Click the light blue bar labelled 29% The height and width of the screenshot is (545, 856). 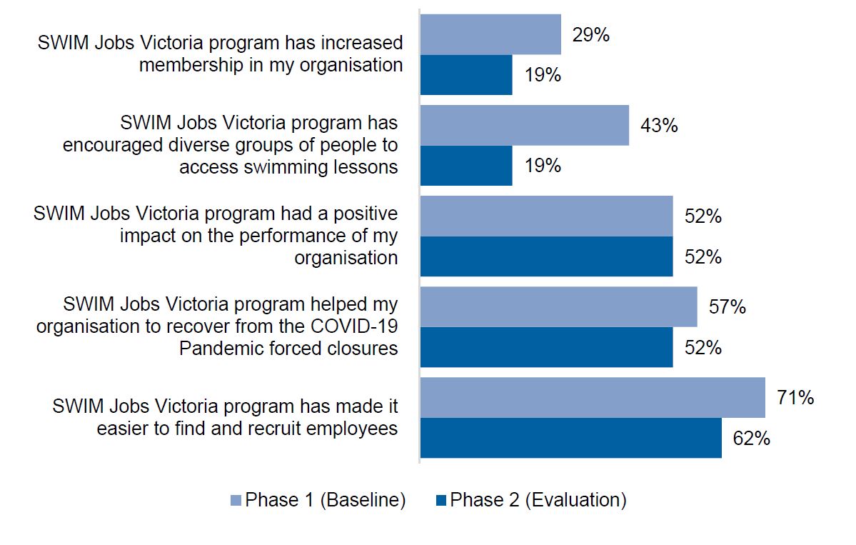pos(490,34)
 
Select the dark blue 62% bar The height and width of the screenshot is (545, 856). pos(570,438)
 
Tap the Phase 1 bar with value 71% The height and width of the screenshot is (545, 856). pos(593,398)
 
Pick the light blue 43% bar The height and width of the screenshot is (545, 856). pos(524,126)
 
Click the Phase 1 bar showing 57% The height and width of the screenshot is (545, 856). pos(558,307)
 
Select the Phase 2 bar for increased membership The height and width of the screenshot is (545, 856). pos(466,75)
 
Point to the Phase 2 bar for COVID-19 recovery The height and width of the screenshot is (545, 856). pos(546,347)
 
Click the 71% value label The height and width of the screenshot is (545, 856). pos(795,397)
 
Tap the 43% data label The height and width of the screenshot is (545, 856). pos(659,126)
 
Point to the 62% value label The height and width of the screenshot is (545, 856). pos(751,438)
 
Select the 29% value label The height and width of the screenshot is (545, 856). pos(590,34)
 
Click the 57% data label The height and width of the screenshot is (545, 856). pos(727,307)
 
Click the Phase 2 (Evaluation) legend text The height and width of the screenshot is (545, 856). pos(538,500)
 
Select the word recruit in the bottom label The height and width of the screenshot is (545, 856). pos(278,429)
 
